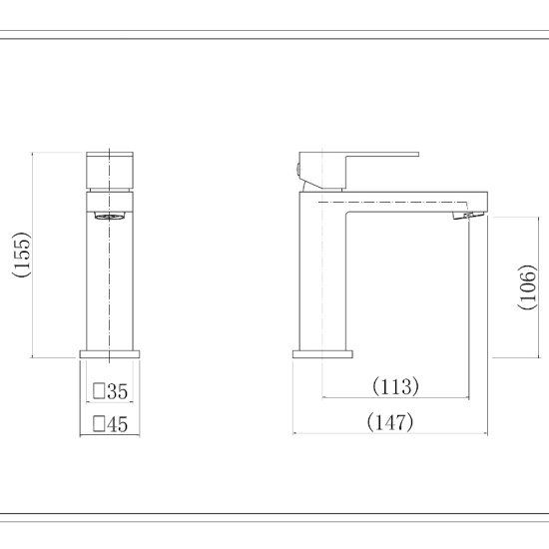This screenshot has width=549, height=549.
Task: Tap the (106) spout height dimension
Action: (x=529, y=287)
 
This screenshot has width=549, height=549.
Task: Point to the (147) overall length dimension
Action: (x=390, y=422)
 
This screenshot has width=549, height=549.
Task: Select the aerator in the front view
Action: (x=110, y=215)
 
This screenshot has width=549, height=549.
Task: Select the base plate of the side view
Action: (x=322, y=353)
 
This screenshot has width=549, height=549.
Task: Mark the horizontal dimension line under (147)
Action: (x=390, y=434)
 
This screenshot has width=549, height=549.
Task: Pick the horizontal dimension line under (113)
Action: (x=395, y=397)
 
